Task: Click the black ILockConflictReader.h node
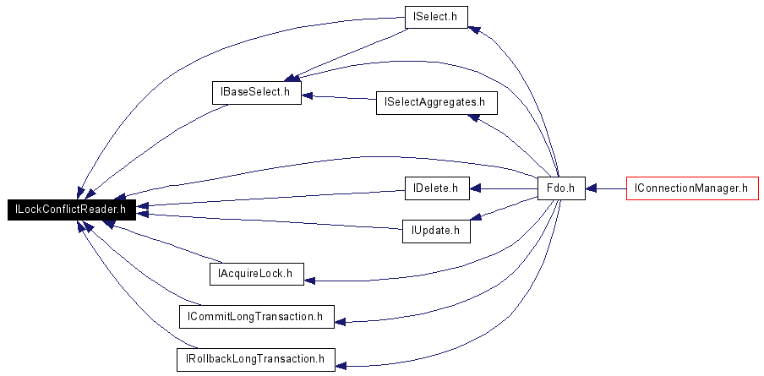click(x=71, y=210)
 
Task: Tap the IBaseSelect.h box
click(x=257, y=92)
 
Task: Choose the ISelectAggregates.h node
click(x=437, y=103)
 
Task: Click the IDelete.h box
click(x=437, y=188)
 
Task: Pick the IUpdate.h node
click(x=436, y=231)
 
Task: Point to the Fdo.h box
click(x=561, y=188)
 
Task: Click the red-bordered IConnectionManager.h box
click(x=692, y=188)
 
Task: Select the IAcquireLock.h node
click(x=256, y=274)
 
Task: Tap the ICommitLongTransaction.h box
click(x=257, y=317)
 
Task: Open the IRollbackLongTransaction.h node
click(x=256, y=359)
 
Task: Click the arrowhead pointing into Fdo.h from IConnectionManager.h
click(x=591, y=188)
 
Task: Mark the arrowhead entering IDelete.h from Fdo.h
click(x=475, y=188)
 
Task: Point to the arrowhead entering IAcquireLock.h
click(x=309, y=281)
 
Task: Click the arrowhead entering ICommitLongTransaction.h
click(x=341, y=322)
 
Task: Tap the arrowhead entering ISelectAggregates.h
click(x=473, y=117)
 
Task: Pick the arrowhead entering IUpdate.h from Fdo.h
click(x=476, y=217)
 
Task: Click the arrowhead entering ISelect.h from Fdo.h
click(x=474, y=30)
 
